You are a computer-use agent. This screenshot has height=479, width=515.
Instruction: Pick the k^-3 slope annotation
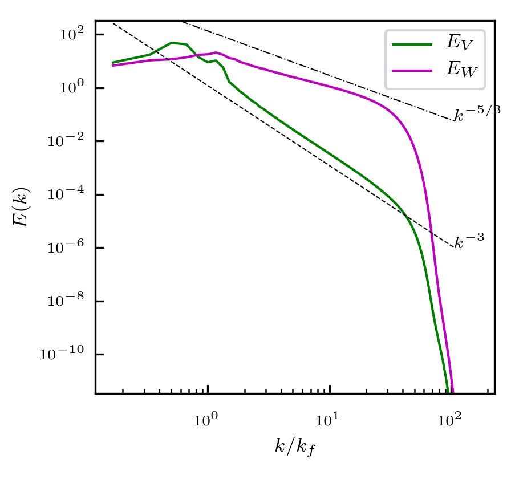point(469,241)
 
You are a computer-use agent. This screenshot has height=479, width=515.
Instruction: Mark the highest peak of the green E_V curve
point(172,43)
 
